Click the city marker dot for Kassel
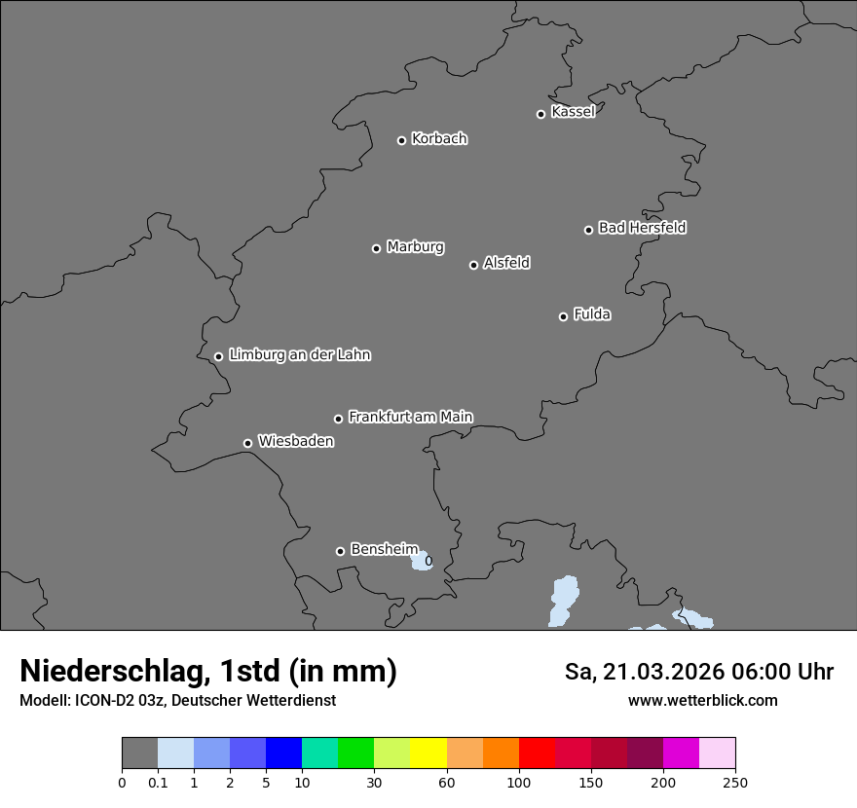click(x=540, y=114)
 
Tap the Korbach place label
click(x=439, y=139)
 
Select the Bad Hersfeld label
click(x=642, y=228)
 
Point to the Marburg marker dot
click(x=376, y=248)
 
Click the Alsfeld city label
click(x=506, y=263)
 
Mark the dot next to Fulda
click(x=563, y=316)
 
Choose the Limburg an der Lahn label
click(x=299, y=355)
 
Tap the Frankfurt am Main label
click(x=410, y=417)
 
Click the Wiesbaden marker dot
click(x=247, y=443)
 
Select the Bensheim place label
click(x=384, y=549)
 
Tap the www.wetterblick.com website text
click(x=702, y=701)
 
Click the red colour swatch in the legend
click(x=537, y=753)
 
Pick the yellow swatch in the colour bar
click(x=428, y=753)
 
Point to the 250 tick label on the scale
click(x=735, y=782)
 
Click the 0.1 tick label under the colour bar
click(x=158, y=782)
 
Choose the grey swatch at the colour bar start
click(x=139, y=753)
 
